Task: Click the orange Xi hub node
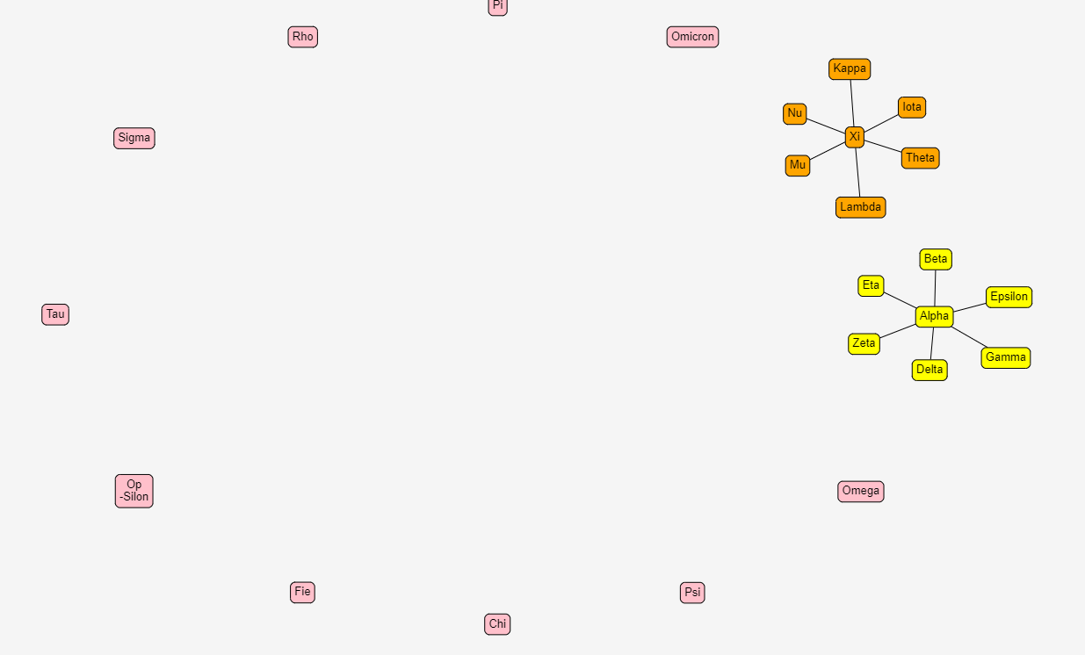pos(855,137)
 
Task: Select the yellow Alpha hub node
pos(935,317)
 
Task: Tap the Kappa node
pos(850,68)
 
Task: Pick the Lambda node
pos(861,207)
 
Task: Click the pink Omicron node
pos(692,37)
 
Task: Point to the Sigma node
pos(134,138)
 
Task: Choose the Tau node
pos(55,314)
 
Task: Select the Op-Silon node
pos(134,491)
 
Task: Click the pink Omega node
pos(861,492)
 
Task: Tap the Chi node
pos(497,624)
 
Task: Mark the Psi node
pos(692,593)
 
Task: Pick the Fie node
pos(303,592)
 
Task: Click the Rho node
pos(303,37)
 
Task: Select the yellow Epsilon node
pos(1009,298)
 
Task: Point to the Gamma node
pos(1006,357)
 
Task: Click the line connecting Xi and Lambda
pos(857,172)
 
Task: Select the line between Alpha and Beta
pos(935,288)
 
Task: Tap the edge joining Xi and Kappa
pos(852,103)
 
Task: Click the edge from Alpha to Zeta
pos(898,331)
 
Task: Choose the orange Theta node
pos(921,158)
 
